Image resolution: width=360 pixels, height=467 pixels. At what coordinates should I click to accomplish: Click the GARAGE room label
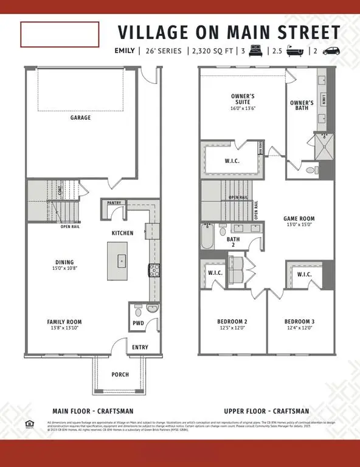pos(80,118)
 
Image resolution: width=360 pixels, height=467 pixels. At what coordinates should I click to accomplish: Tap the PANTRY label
pos(114,202)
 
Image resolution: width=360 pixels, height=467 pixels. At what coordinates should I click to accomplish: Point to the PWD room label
pos(138,323)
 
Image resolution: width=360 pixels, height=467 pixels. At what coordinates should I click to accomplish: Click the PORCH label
pos(120,375)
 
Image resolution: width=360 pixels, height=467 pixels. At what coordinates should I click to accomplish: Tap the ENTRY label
pos(140,347)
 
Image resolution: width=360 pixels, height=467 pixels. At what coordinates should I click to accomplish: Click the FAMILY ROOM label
pos(64,322)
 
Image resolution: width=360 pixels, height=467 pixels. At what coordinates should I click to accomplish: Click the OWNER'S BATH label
pos(302,105)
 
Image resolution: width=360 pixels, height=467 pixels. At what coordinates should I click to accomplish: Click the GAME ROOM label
pos(299,219)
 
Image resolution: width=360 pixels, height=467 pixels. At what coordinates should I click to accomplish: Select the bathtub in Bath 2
pos(207,238)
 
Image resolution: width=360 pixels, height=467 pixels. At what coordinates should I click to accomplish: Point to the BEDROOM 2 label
pos(232,322)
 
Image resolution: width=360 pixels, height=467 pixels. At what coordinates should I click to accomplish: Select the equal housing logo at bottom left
pos(29,424)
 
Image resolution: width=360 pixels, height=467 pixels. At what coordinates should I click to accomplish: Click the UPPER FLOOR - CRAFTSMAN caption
pos(266,411)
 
